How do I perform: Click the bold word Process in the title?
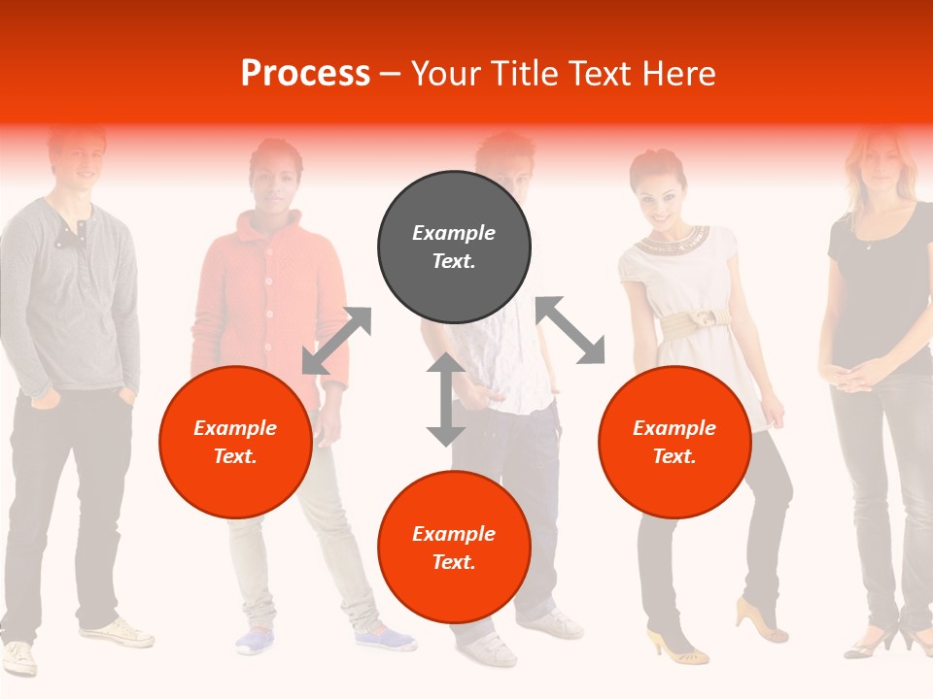tap(305, 74)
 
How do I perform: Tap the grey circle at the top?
tap(454, 247)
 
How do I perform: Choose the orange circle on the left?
tap(235, 442)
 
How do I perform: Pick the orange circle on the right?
tap(674, 442)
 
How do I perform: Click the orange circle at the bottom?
tap(454, 548)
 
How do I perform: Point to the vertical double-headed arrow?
tap(446, 399)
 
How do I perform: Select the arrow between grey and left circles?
tap(336, 341)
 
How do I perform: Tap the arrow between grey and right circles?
tap(570, 330)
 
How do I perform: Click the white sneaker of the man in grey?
tap(117, 633)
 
